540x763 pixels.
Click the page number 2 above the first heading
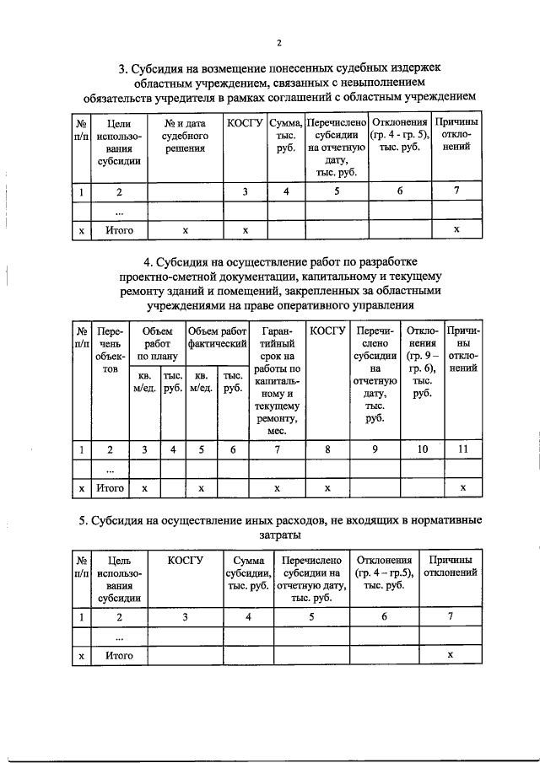(x=278, y=43)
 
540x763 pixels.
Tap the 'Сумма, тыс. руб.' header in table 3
(x=286, y=136)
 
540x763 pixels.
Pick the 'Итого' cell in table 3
(x=119, y=229)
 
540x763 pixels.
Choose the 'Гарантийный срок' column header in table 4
(x=278, y=380)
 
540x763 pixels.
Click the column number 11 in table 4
(x=462, y=450)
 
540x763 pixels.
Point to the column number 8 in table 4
(x=327, y=450)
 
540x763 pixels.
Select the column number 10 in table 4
(x=422, y=450)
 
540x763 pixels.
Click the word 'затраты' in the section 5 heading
(x=271, y=535)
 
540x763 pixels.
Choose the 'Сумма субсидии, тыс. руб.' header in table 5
(x=248, y=573)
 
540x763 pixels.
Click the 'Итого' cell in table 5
(x=119, y=654)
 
